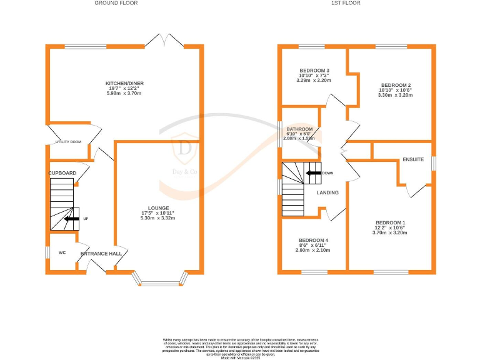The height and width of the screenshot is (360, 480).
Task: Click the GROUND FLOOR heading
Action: (116, 3)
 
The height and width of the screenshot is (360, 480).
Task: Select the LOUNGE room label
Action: (158, 208)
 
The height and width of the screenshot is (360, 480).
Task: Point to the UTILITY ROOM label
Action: (68, 142)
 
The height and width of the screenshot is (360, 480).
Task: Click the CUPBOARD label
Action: (62, 172)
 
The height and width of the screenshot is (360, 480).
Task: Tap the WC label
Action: (62, 253)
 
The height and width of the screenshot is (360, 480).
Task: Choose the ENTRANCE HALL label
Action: (101, 254)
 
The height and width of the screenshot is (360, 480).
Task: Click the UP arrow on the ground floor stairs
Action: (73, 219)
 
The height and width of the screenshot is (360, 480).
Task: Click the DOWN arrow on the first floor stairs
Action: (314, 172)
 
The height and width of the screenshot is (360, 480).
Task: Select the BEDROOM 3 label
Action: (314, 71)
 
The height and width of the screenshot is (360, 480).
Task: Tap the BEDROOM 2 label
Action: (396, 84)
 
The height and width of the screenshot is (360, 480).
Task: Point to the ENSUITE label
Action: (413, 159)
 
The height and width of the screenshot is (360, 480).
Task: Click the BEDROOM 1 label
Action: (391, 223)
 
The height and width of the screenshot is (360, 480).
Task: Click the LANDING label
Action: (327, 192)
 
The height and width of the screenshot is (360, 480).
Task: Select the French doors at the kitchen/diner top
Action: (163, 41)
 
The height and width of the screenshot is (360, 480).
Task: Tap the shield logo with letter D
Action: (186, 149)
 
